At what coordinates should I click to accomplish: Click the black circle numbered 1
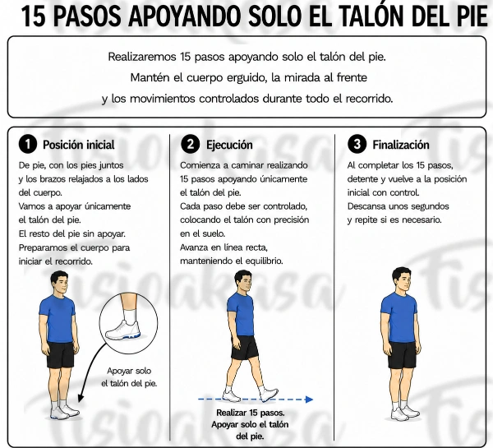28,144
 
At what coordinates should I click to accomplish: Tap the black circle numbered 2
191,144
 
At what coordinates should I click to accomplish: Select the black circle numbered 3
357,144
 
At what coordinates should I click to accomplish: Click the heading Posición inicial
79,145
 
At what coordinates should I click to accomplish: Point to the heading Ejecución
229,145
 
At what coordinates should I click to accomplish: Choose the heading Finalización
401,145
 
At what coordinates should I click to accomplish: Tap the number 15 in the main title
34,16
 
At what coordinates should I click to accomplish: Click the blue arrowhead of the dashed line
310,400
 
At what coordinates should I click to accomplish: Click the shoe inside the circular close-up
123,330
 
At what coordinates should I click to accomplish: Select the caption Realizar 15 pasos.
251,413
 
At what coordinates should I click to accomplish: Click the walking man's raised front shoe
269,395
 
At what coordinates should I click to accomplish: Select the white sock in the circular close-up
130,315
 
